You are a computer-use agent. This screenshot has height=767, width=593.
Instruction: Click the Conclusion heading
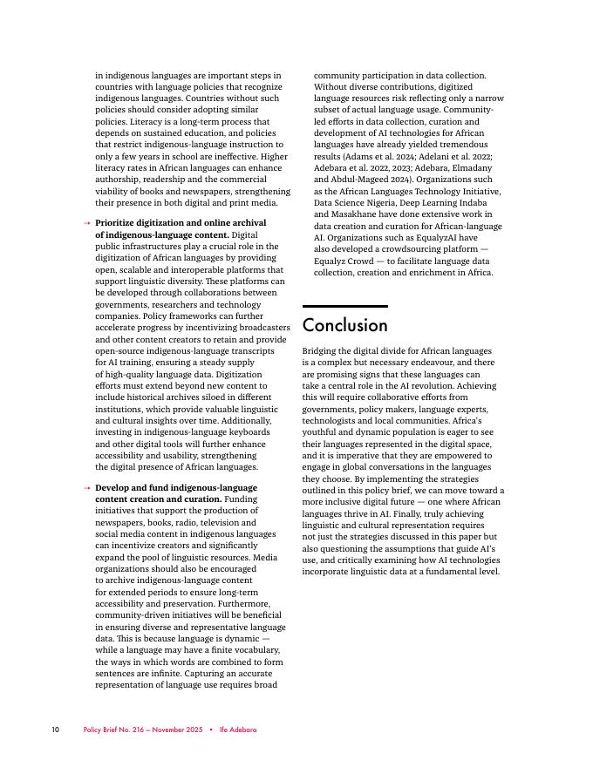pos(344,326)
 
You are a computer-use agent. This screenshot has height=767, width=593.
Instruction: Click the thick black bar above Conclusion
pos(344,306)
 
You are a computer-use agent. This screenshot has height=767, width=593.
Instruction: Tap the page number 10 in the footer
pos(55,730)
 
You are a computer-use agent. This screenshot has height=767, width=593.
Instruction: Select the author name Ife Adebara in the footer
pos(237,730)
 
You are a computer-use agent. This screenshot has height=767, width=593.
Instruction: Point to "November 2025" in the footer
pos(174,730)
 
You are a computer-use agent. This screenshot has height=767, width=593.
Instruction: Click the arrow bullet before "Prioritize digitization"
pos(86,224)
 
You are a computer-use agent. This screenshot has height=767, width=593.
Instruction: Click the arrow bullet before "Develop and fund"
pos(86,489)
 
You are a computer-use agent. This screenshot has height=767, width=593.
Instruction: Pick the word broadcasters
pos(259,328)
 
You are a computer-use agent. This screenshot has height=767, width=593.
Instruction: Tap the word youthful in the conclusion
pos(319,432)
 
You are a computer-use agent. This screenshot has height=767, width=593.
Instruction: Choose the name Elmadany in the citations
pos(472,167)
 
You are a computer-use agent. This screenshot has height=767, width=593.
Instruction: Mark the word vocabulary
pos(258,650)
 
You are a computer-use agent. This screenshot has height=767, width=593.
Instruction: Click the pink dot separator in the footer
pos(210,730)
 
